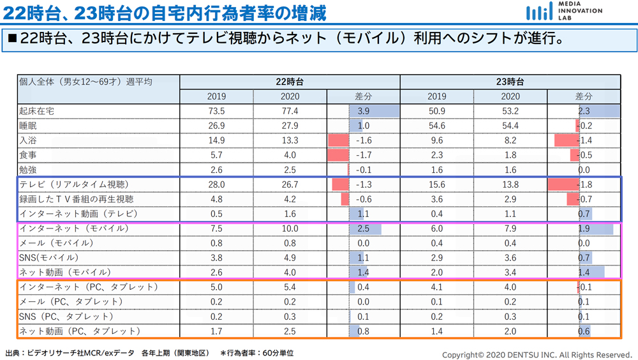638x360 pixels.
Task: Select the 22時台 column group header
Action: pos(290,82)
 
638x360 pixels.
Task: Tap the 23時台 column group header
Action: pos(510,82)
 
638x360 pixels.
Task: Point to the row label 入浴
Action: pos(28,140)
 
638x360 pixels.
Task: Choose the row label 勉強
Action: pos(28,170)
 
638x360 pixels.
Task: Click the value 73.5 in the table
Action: pos(216,111)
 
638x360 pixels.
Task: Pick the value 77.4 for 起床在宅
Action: pos(290,111)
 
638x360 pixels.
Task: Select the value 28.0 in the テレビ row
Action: pos(216,184)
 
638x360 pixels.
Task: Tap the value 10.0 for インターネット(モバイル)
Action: pos(290,229)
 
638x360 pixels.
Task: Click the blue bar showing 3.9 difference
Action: pos(374,111)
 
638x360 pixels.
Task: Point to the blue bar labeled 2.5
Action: pos(366,229)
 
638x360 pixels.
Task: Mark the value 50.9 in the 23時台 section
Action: pos(437,111)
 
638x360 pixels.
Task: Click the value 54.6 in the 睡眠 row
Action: pos(437,126)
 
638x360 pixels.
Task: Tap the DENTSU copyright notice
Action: pos(537,355)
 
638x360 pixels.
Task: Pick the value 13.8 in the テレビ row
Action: pos(510,184)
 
